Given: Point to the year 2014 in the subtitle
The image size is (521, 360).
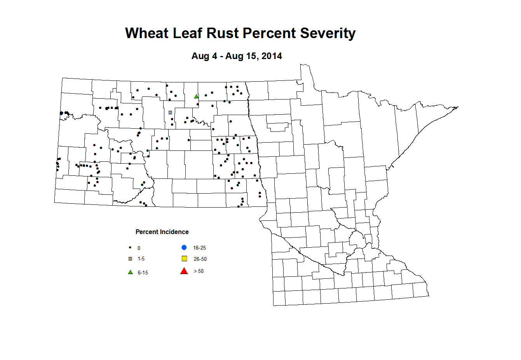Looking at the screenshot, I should pyautogui.click(x=272, y=56).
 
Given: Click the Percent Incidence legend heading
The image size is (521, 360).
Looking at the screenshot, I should pyautogui.click(x=162, y=232).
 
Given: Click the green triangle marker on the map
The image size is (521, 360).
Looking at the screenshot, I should pyautogui.click(x=196, y=96).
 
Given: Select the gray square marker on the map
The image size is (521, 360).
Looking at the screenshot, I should pyautogui.click(x=170, y=113).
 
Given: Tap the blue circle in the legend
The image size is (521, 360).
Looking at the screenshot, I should pyautogui.click(x=184, y=248).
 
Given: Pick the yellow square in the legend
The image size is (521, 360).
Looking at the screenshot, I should pyautogui.click(x=185, y=259).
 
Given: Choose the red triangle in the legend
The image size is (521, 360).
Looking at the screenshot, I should pyautogui.click(x=184, y=271).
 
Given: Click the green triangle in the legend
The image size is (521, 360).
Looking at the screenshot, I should pyautogui.click(x=131, y=272).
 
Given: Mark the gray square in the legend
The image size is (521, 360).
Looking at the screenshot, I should pyautogui.click(x=130, y=259).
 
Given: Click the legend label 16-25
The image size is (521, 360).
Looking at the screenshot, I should pyautogui.click(x=199, y=248).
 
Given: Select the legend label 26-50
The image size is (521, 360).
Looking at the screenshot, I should pyautogui.click(x=200, y=259).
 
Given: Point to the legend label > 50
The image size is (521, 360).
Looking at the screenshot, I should pyautogui.click(x=199, y=271).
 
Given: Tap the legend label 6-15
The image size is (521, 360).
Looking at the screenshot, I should pyautogui.click(x=143, y=273).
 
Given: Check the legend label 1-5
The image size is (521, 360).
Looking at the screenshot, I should pyautogui.click(x=141, y=259).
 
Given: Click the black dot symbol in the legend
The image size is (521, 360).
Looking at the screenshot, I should pyautogui.click(x=130, y=248).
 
